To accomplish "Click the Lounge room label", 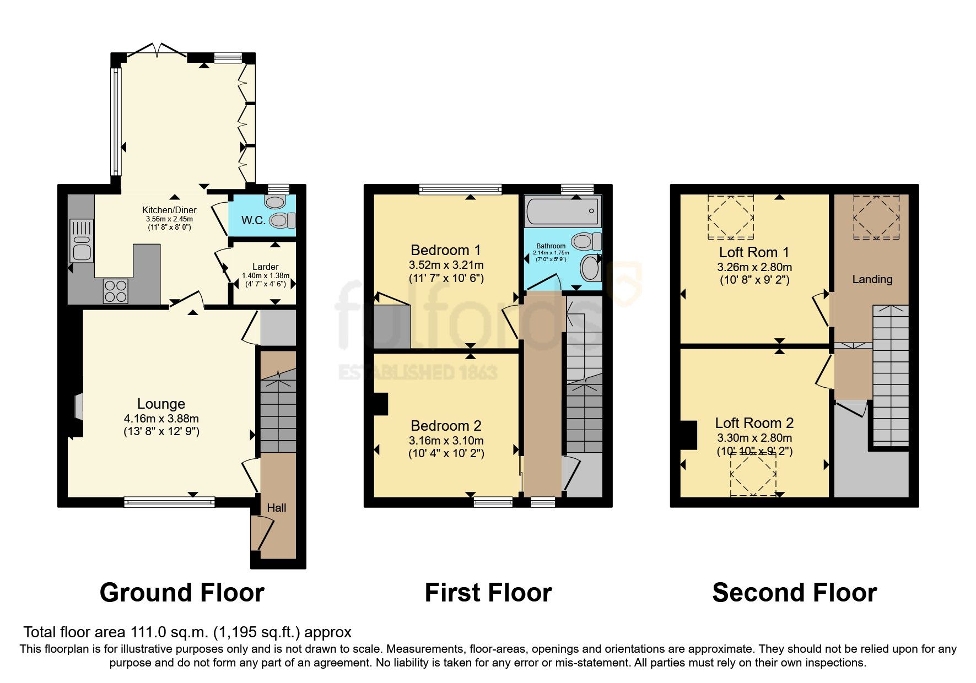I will (x=161, y=404).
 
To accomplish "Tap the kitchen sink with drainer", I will (x=82, y=241).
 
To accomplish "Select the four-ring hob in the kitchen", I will (x=116, y=291).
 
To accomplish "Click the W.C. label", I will (x=253, y=220).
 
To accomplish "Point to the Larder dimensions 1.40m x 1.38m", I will (x=266, y=276).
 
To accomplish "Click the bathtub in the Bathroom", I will (x=562, y=211).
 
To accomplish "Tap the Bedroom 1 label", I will (x=446, y=251).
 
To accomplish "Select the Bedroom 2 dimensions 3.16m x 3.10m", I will (x=446, y=441).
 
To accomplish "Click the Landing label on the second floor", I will (x=872, y=279).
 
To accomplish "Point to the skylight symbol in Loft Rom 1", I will (x=730, y=218).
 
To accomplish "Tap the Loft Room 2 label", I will (x=754, y=423).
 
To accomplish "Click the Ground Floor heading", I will (x=182, y=593).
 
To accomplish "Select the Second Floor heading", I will (x=794, y=593).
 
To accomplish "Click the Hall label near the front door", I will (x=277, y=508).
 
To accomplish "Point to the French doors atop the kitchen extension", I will (x=157, y=51).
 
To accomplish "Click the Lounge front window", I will (x=169, y=501).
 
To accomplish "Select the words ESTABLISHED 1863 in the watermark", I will (x=418, y=373).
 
